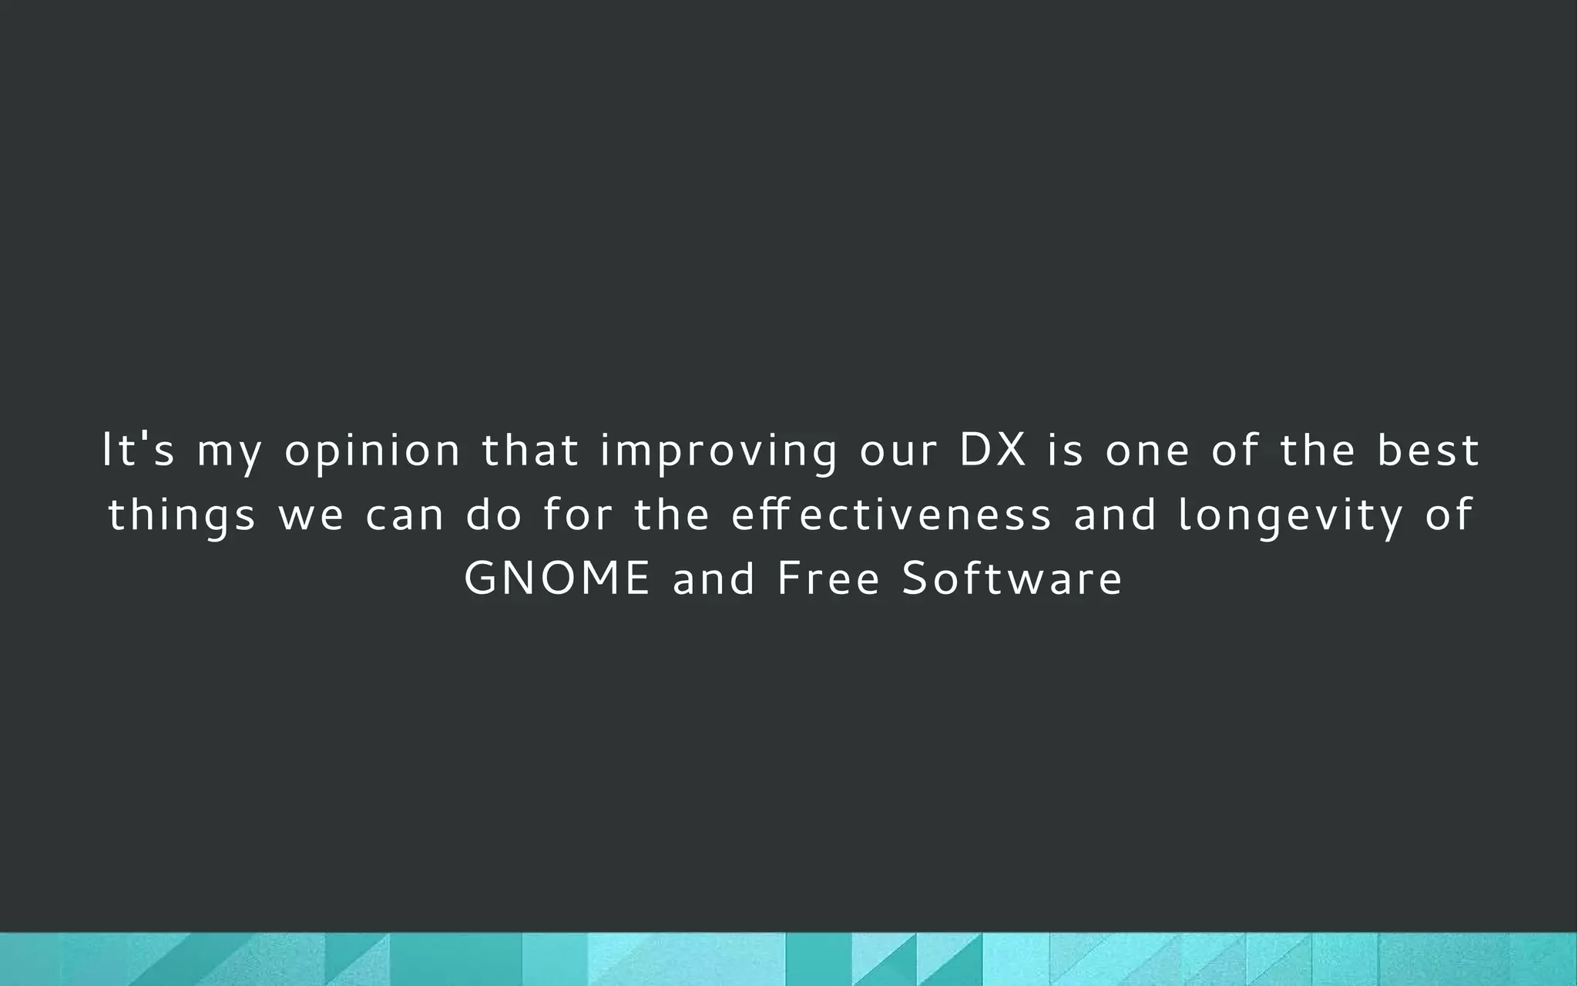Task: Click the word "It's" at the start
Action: [139, 450]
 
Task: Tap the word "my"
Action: [230, 453]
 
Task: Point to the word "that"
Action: [530, 450]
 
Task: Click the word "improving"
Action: [719, 453]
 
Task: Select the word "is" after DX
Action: [1066, 450]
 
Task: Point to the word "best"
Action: [1428, 450]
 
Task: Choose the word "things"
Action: [182, 516]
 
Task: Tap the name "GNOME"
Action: [558, 579]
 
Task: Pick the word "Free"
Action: [828, 579]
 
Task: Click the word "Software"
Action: [1012, 579]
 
